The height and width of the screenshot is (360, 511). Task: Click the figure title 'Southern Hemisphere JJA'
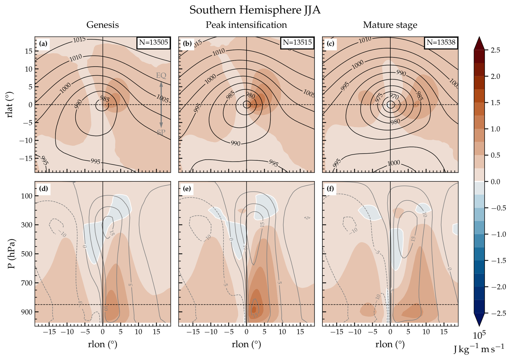pos(255,10)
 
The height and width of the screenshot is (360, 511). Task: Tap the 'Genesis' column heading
pos(102,25)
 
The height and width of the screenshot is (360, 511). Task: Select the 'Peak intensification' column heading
pos(246,25)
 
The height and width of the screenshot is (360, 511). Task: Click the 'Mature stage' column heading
pos(390,25)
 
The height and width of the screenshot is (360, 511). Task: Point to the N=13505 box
pos(153,42)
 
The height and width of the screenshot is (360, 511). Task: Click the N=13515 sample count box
pos(297,42)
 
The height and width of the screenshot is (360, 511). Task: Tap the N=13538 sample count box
pos(441,42)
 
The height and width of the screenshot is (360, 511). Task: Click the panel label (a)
pos(43,43)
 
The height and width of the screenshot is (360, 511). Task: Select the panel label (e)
pos(187,189)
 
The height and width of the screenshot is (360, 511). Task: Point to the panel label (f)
pos(331,189)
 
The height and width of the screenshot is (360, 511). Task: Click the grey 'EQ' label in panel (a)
pos(161,75)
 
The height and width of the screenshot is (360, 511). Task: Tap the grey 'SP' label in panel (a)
pos(161,132)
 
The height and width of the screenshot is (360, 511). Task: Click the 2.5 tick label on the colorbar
pos(495,50)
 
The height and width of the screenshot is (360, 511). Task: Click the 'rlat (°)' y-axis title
pos(10,105)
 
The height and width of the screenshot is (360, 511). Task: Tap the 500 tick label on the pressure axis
pos(26,254)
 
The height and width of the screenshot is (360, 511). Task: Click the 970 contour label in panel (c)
pos(394,96)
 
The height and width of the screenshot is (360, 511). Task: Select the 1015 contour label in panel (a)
pos(79,40)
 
